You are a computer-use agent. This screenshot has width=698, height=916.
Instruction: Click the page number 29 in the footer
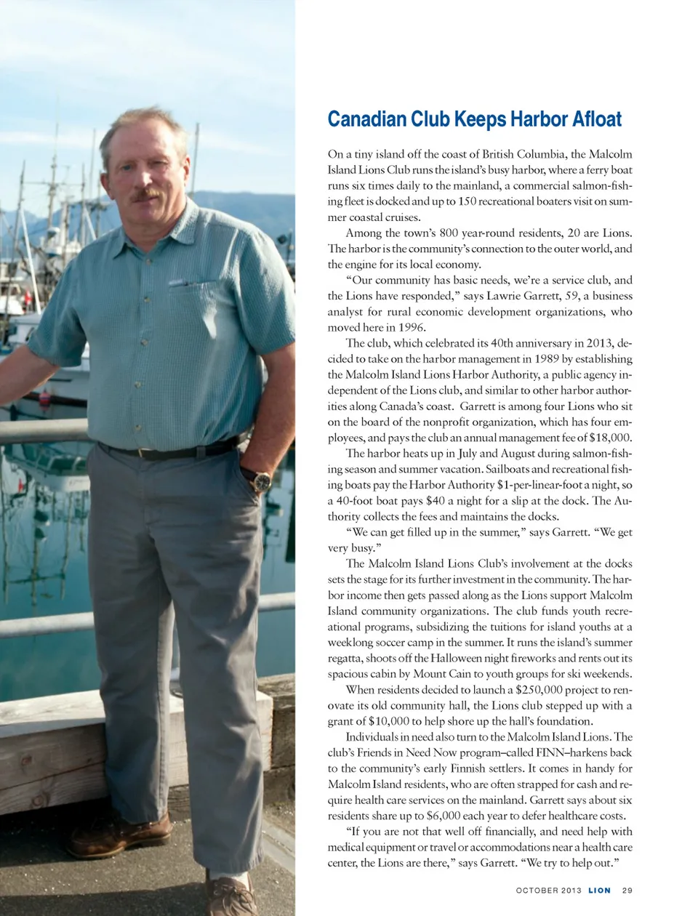point(627,890)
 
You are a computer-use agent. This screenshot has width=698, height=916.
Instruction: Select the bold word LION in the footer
point(600,890)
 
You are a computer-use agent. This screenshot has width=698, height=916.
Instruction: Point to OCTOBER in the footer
point(537,890)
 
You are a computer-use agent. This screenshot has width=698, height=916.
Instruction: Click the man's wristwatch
point(260,480)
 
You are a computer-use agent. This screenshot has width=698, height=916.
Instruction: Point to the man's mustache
point(145,194)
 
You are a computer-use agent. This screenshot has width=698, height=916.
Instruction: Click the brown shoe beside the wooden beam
point(116,836)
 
